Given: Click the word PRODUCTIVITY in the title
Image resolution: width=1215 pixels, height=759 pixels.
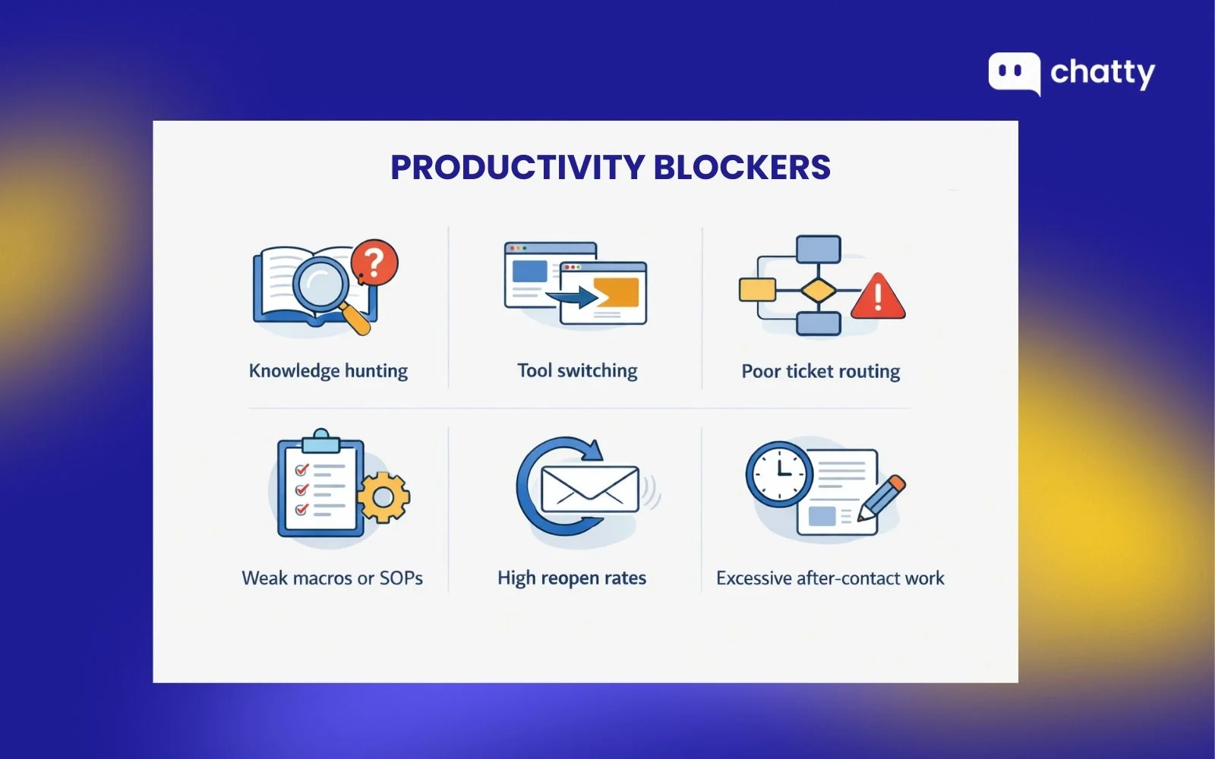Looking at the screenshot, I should (x=517, y=168).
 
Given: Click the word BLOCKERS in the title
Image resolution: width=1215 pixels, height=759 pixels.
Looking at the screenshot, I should (x=742, y=168).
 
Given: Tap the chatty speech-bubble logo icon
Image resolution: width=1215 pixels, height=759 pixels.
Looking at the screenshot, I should (x=1014, y=74).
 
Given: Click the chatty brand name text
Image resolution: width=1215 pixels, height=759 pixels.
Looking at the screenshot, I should (x=1102, y=73).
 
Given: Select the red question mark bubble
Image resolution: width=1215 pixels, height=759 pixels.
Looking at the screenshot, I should (x=374, y=263).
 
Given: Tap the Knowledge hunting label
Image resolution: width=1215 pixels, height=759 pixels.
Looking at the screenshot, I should (x=328, y=371).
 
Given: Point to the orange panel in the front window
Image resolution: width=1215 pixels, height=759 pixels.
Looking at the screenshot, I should (x=616, y=292).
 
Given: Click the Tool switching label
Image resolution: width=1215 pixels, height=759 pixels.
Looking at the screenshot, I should (x=577, y=371).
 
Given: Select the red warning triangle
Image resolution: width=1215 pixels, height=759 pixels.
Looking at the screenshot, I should (x=878, y=297).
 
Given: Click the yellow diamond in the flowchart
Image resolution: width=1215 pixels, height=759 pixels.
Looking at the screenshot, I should (x=818, y=290).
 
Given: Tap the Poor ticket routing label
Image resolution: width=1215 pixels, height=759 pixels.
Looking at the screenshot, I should (x=820, y=372).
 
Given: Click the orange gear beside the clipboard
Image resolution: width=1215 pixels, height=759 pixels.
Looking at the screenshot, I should (x=383, y=497).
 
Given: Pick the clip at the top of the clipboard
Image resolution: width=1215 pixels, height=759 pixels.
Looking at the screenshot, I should (x=320, y=439).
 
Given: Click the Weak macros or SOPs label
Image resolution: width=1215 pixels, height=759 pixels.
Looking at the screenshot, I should (x=332, y=578).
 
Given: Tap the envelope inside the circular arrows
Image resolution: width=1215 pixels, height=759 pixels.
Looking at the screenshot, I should (x=589, y=489).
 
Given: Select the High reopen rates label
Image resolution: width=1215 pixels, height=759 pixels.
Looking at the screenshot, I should (x=572, y=578).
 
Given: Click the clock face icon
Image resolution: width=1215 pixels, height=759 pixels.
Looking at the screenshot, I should (x=779, y=474).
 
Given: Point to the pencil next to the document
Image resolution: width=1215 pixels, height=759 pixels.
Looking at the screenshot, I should (x=882, y=498).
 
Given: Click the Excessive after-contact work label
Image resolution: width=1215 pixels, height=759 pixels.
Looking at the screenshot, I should (x=830, y=579).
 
